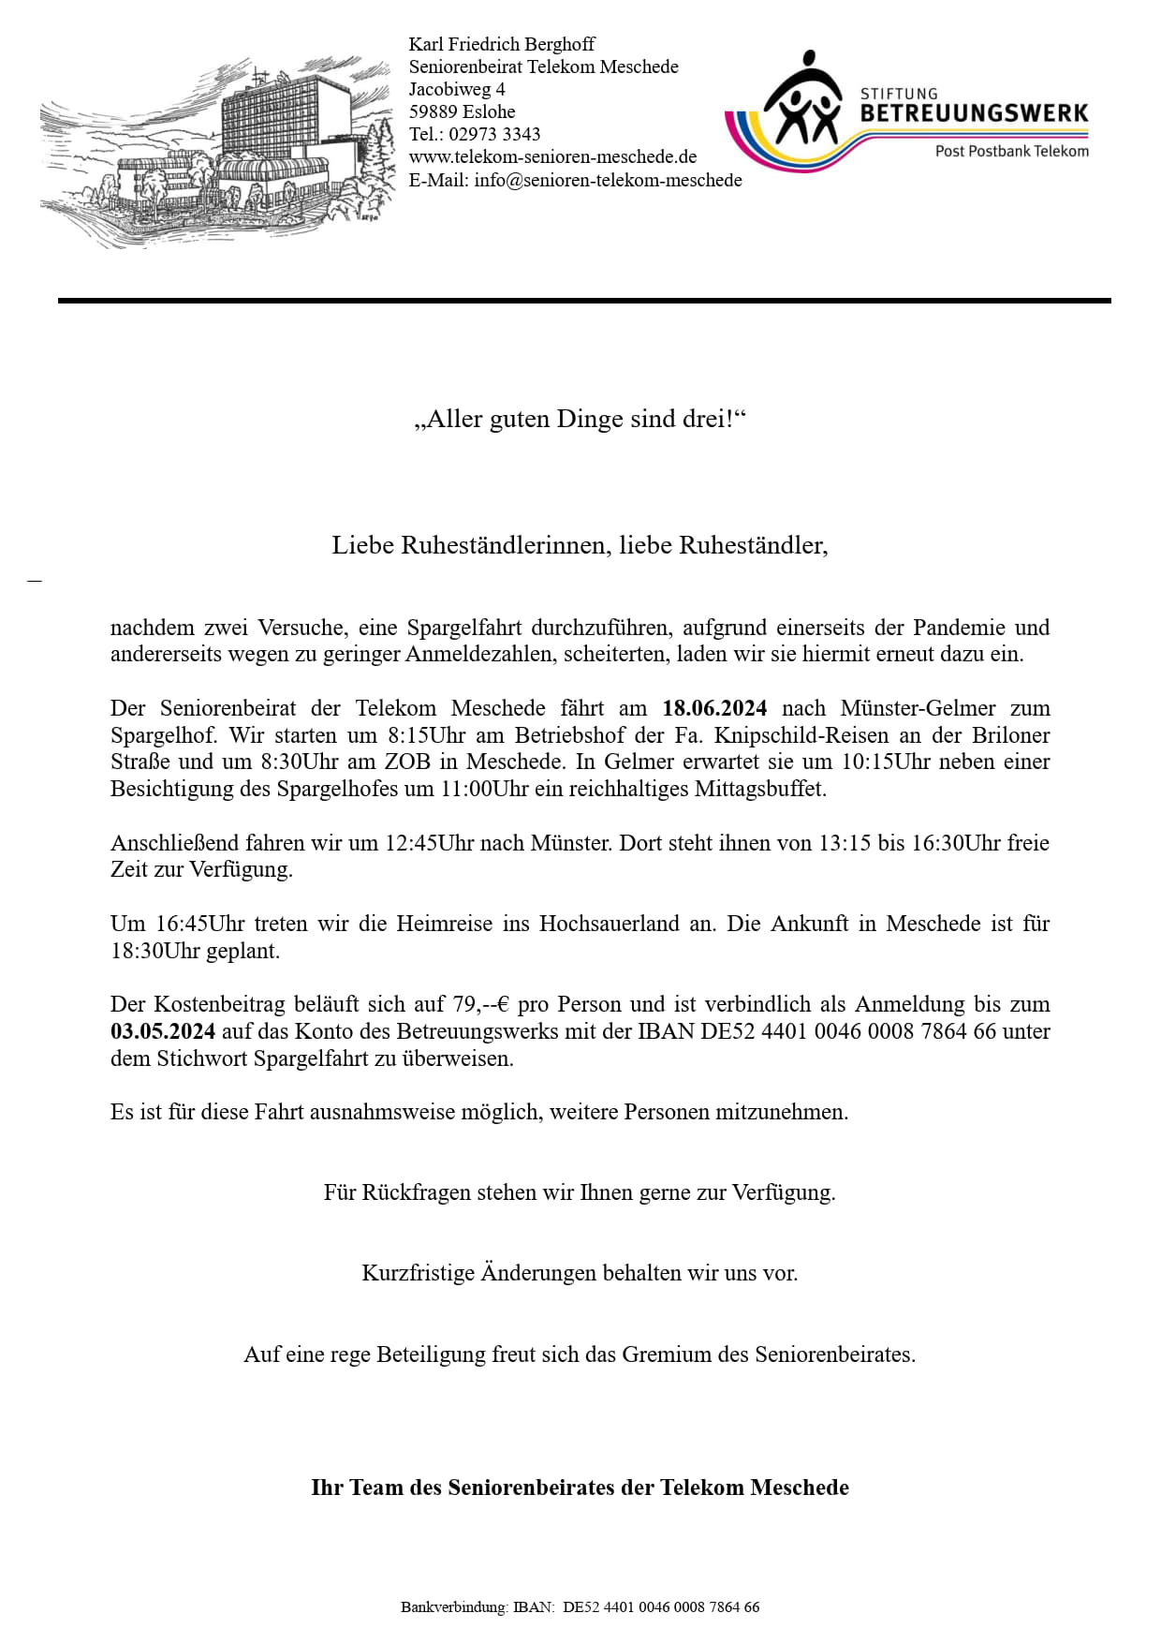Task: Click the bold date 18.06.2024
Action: (x=714, y=708)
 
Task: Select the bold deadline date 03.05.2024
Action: (x=163, y=1031)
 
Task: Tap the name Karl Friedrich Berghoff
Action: (x=501, y=44)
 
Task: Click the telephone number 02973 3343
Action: (x=494, y=134)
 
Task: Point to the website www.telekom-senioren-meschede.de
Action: (x=552, y=156)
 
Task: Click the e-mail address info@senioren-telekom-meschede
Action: (x=608, y=180)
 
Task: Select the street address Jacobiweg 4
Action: (x=457, y=89)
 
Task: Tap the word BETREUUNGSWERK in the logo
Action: (x=974, y=113)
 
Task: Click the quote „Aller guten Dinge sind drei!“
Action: (x=580, y=419)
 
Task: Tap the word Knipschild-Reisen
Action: (x=801, y=735)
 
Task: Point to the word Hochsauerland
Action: (x=609, y=924)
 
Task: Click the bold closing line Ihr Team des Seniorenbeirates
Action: (x=580, y=1488)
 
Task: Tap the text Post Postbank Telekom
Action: (x=1011, y=151)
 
